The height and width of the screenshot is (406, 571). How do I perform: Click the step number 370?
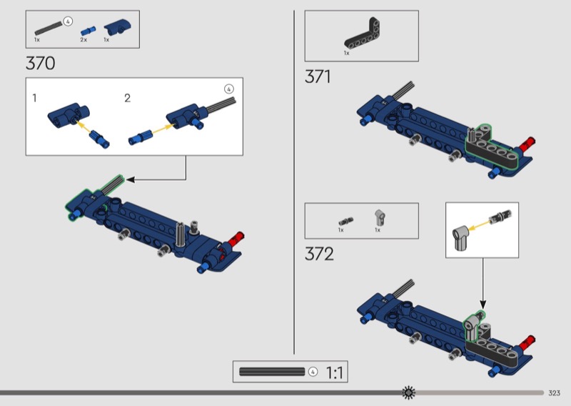(41, 63)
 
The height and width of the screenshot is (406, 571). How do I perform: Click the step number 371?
(318, 76)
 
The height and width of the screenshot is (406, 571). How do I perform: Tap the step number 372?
(319, 254)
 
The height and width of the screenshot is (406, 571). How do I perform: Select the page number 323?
(555, 393)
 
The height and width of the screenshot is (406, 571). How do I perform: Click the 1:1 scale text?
(334, 373)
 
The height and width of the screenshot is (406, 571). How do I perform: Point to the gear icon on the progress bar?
(408, 392)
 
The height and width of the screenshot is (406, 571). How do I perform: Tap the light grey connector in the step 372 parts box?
(380, 218)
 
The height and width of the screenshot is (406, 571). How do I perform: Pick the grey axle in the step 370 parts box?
(49, 29)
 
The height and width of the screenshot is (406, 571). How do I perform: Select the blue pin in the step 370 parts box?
(88, 31)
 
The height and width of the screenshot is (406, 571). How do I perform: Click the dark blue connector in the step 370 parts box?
(118, 27)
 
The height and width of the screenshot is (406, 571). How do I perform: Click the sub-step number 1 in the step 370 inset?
(34, 98)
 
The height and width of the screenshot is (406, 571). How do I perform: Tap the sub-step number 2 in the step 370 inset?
(127, 98)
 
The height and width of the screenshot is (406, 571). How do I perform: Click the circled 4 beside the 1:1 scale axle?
(313, 372)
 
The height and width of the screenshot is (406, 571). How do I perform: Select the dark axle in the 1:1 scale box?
(272, 372)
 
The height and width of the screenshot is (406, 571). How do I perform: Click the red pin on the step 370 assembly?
(236, 239)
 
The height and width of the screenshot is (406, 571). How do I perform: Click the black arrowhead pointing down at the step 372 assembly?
(483, 304)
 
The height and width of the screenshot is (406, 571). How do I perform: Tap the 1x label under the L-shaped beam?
(346, 53)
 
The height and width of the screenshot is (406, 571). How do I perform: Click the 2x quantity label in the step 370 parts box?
(84, 39)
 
